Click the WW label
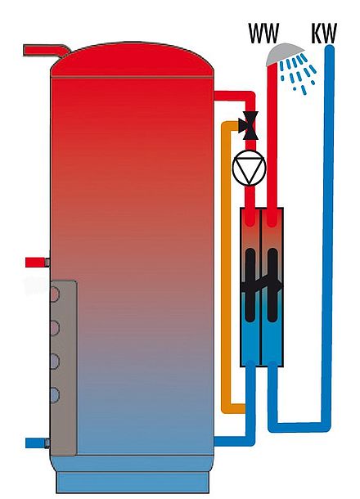pyautogui.click(x=263, y=33)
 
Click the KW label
pyautogui.click(x=324, y=33)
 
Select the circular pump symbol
pyautogui.click(x=249, y=168)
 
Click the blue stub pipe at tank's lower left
pyautogui.click(x=37, y=443)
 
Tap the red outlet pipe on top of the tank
pyautogui.click(x=47, y=51)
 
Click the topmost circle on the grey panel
pyautogui.click(x=54, y=294)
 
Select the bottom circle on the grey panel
pyautogui.click(x=54, y=395)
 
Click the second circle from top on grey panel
pyautogui.click(x=54, y=328)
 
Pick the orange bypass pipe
pyautogui.click(x=225, y=267)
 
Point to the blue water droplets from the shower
pyautogui.click(x=298, y=74)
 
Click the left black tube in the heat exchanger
pyautogui.click(x=250, y=285)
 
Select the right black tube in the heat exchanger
pyautogui.click(x=272, y=285)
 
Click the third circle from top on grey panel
pyautogui.click(x=54, y=362)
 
